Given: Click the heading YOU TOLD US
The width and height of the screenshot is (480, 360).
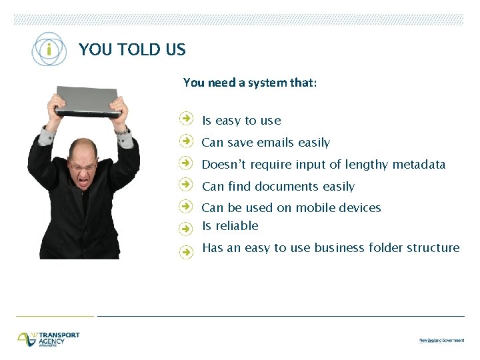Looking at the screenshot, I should [x=132, y=49].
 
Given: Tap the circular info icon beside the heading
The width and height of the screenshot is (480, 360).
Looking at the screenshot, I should [x=49, y=49].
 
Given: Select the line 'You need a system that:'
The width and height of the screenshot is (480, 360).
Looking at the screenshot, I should [x=250, y=83].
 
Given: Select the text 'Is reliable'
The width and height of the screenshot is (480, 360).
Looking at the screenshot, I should [x=230, y=226].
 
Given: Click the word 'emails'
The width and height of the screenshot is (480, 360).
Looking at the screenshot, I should [x=275, y=143].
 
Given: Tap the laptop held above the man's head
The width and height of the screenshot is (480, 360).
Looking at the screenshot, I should [x=87, y=101].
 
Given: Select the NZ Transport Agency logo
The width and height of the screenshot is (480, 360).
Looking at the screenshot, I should [x=49, y=339].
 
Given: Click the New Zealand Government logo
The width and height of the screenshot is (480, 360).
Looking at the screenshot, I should [x=441, y=340].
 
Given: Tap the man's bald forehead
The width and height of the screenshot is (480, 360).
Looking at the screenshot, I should [x=83, y=147].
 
